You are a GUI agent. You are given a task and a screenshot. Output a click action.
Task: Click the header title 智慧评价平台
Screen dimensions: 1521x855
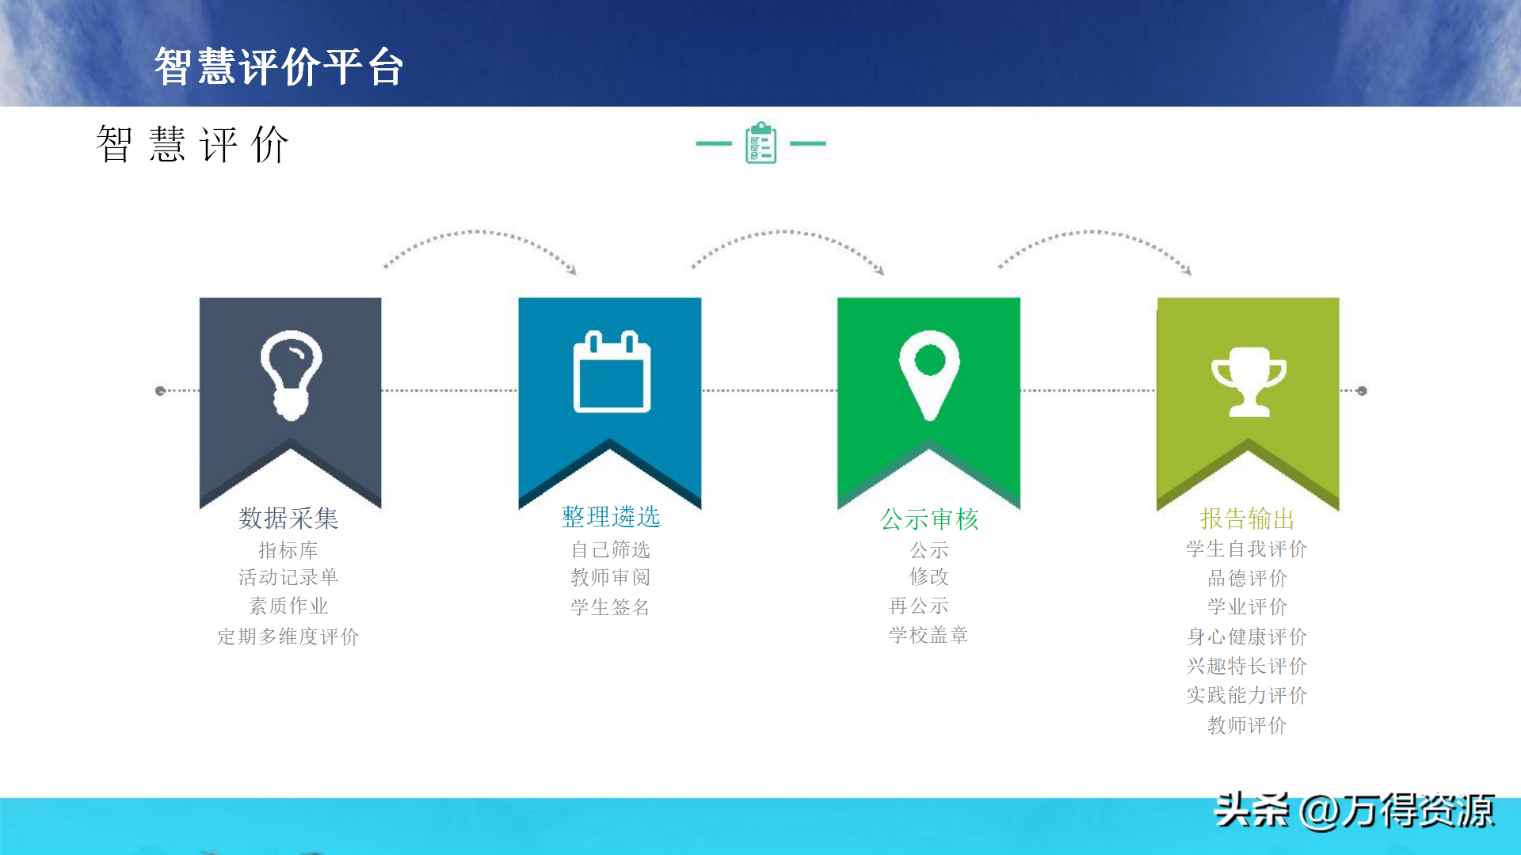pos(279,66)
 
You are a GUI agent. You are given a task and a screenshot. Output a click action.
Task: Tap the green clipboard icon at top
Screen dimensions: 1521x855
pos(760,142)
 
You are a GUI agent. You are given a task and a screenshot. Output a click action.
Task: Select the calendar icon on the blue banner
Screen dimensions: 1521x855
pos(612,371)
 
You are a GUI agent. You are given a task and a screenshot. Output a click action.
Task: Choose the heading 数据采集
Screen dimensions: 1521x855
pos(289,519)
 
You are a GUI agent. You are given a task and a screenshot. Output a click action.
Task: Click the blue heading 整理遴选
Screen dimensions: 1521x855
pos(611,517)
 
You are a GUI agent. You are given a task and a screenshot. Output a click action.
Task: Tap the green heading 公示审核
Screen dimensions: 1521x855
pos(930,519)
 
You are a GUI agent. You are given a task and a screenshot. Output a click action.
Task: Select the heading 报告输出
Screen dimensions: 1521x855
pos(1248,519)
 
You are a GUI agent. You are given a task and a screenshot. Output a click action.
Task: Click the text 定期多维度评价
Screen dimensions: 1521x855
pos(288,636)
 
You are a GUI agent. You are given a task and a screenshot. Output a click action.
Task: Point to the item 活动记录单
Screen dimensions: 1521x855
pos(288,577)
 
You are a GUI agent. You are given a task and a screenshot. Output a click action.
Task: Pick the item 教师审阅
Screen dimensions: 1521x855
pos(611,578)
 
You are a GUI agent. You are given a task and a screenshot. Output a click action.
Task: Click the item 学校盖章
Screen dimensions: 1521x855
pos(928,635)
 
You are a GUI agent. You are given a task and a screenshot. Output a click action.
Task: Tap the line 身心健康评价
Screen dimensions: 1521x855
pos(1247,636)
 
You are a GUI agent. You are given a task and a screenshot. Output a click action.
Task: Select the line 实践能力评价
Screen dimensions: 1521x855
pos(1247,695)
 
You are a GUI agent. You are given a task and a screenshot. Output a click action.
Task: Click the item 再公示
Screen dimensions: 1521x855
pos(919,606)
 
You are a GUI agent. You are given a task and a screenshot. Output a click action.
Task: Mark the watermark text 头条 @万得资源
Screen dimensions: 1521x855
pos(1355,811)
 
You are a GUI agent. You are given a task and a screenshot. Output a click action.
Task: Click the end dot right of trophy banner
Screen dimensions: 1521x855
pos(1362,391)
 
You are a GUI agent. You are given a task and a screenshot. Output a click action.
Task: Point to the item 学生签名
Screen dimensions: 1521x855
pos(611,607)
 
